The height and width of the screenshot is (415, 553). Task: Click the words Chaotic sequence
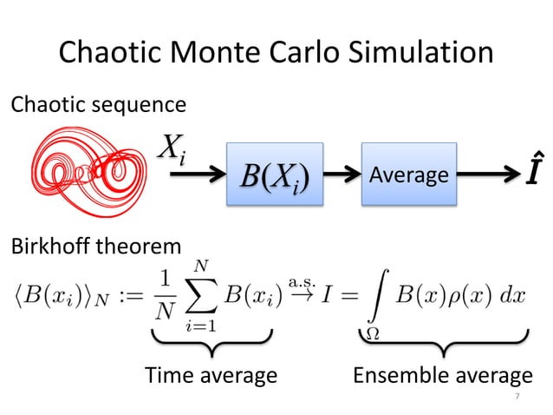point(97,106)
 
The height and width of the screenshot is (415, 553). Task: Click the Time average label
point(211,375)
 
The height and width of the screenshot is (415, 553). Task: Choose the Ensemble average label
point(442,375)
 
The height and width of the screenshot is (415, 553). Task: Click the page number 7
point(517,397)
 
